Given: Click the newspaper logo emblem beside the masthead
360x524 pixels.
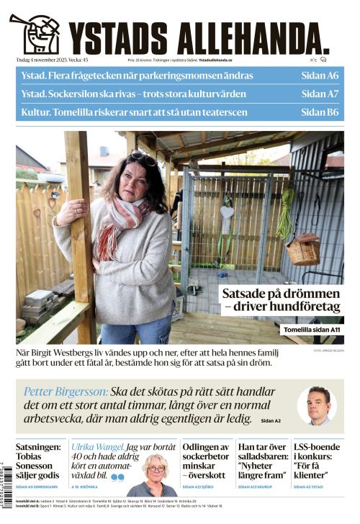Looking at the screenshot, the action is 35,33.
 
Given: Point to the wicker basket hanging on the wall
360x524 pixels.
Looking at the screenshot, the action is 303,249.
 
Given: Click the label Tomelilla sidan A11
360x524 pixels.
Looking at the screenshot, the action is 312,329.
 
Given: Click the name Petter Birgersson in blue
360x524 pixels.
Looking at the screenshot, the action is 66,392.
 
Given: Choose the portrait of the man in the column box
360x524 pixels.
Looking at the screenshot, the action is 317,405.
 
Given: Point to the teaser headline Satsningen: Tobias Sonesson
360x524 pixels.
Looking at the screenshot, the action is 38,461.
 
